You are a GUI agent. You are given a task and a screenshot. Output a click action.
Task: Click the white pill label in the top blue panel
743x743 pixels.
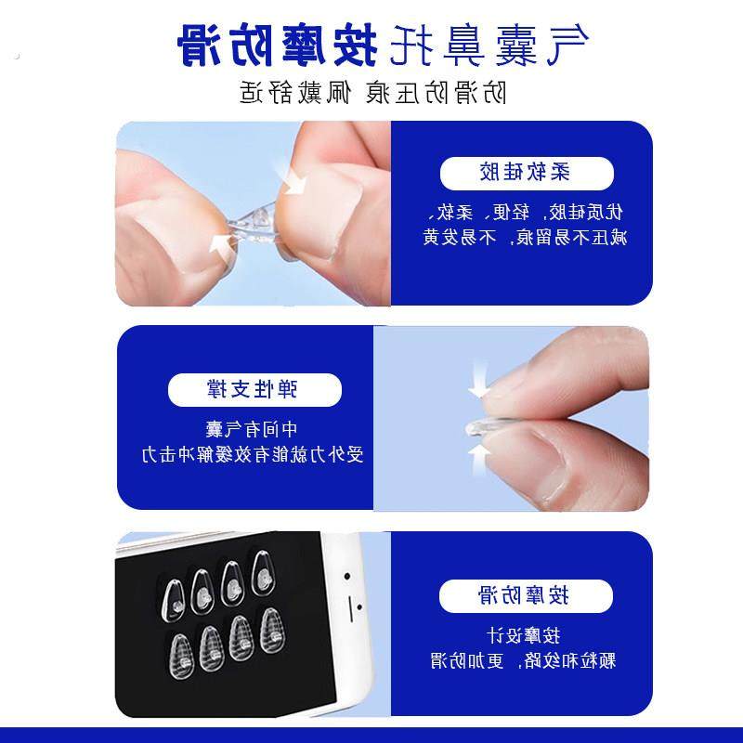coord(526,173)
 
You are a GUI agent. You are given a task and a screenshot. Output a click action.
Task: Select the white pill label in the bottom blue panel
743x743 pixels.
coord(526,594)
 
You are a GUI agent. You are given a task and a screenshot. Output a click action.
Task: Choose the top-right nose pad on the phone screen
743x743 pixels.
coord(263,578)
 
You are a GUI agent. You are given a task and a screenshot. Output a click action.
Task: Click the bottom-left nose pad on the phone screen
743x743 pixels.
coord(179,650)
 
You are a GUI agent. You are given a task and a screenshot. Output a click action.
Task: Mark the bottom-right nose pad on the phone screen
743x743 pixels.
coord(270,630)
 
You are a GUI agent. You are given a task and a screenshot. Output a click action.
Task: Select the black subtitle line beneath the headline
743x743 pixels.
coord(371,93)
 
